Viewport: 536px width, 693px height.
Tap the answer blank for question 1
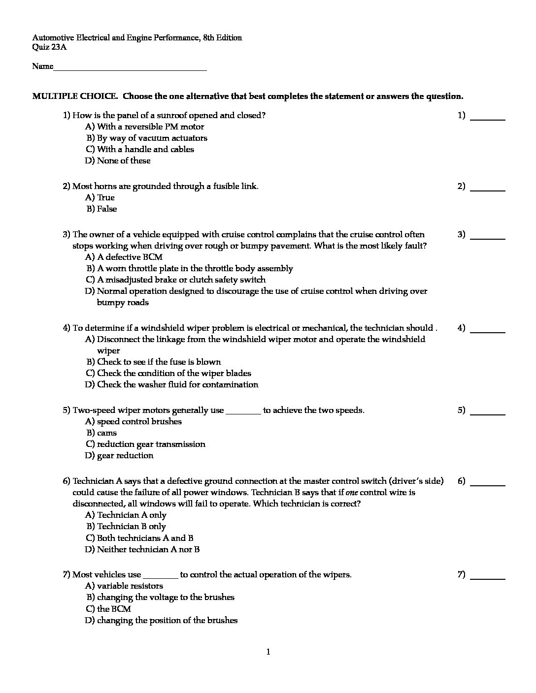(x=488, y=118)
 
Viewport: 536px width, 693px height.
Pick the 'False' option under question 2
(x=107, y=209)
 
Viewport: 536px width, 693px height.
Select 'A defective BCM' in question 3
(x=130, y=257)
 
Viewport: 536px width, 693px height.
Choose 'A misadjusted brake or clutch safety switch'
(x=181, y=280)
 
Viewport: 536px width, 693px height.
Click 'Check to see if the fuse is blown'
(x=159, y=362)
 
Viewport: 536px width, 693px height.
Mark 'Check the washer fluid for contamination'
(x=177, y=385)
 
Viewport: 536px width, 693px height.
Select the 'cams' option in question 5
(x=107, y=433)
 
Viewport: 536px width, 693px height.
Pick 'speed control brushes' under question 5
(x=139, y=422)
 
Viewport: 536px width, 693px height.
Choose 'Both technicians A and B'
(x=145, y=538)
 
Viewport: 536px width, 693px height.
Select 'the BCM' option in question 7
(x=114, y=609)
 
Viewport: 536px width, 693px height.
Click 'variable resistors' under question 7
(x=130, y=586)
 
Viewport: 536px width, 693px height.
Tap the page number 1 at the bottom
(x=268, y=653)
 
